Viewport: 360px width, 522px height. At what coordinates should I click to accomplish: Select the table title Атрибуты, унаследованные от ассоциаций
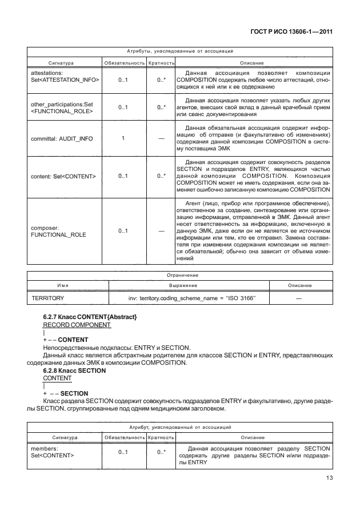179,51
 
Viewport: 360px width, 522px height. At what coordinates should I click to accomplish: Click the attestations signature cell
64,77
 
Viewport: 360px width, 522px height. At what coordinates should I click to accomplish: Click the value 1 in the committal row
123,139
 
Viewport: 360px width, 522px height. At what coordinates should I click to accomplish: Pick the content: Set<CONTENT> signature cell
63,176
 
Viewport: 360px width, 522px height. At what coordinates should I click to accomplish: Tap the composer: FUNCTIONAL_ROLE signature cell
55,231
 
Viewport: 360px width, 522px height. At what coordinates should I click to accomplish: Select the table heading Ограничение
179,275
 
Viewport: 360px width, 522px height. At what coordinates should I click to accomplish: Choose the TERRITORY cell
47,298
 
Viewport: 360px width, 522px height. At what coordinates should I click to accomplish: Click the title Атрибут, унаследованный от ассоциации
179,427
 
